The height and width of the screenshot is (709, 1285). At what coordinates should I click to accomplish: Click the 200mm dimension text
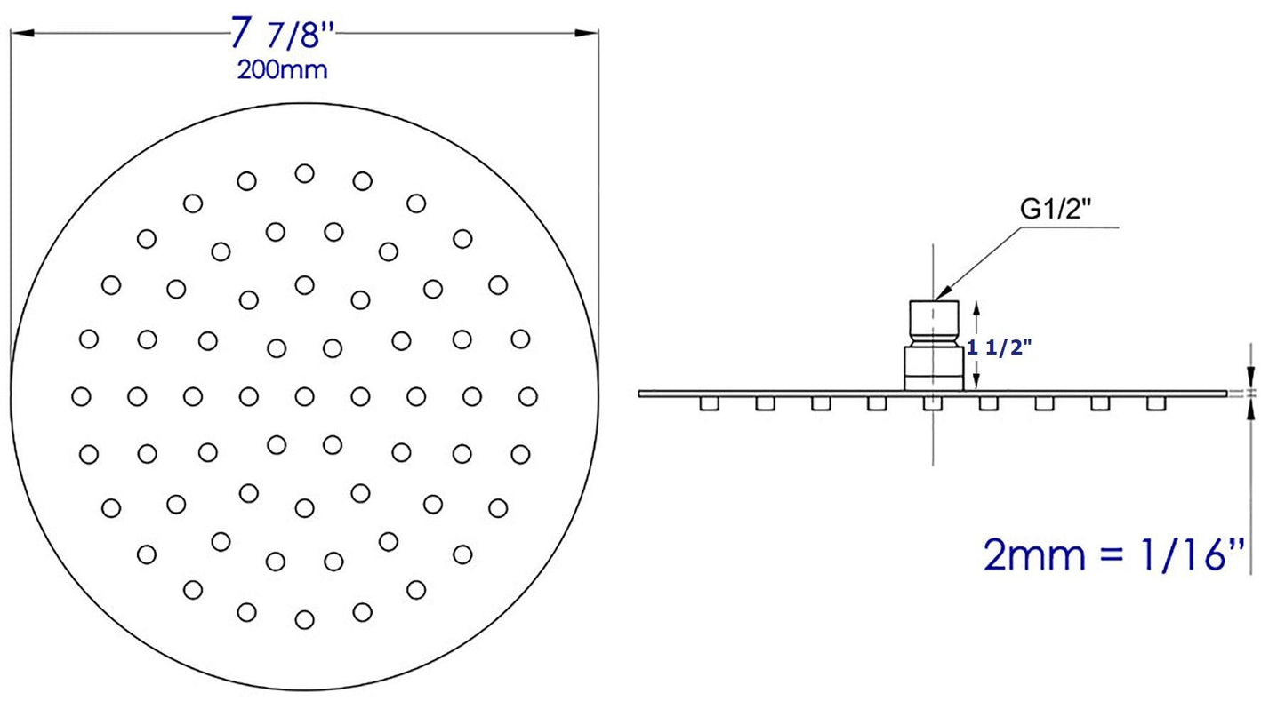(281, 70)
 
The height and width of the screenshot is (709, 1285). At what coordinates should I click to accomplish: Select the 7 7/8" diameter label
(282, 36)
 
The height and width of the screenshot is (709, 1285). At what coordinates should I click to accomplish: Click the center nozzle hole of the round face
(304, 396)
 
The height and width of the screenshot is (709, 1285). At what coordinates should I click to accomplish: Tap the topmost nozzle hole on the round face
(304, 173)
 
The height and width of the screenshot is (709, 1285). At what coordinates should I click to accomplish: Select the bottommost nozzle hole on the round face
(304, 619)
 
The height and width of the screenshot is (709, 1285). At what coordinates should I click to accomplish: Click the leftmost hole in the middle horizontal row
(81, 396)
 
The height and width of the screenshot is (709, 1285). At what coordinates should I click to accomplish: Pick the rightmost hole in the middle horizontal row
(528, 396)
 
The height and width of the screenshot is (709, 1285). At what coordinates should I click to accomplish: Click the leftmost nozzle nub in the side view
(709, 404)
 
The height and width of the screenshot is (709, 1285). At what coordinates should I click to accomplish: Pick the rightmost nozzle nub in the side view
(1156, 404)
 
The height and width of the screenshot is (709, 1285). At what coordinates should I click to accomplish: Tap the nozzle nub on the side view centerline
(933, 404)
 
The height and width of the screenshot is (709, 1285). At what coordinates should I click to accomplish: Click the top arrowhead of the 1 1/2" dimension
(976, 307)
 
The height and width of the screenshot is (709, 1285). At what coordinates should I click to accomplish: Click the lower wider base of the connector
(933, 368)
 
